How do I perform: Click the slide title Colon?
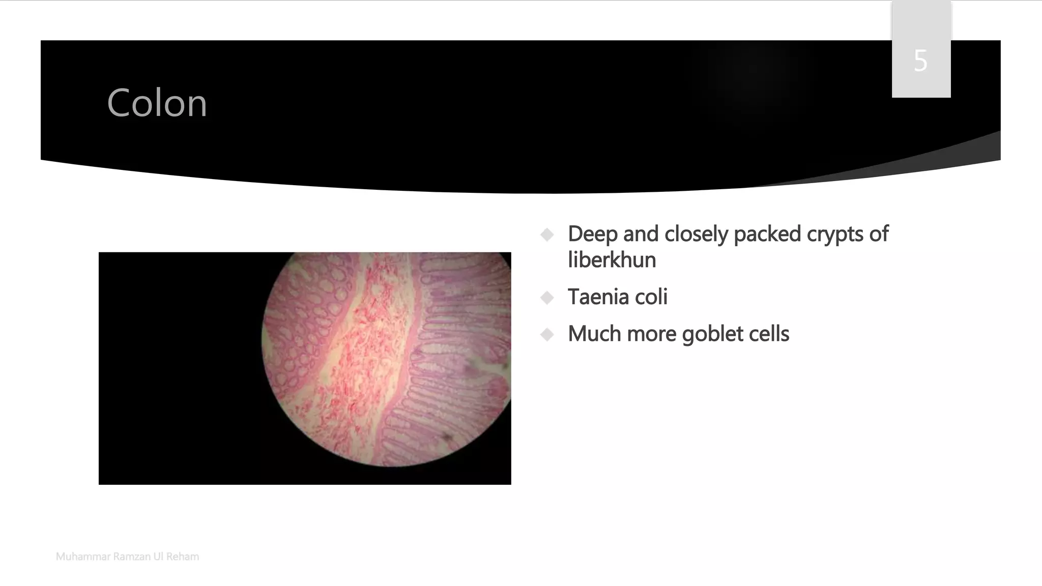tap(157, 103)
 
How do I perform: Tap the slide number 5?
tap(920, 61)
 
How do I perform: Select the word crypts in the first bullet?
tap(834, 234)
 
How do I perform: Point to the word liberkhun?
tap(612, 260)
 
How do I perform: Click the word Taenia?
tap(599, 297)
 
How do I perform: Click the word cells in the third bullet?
tap(771, 334)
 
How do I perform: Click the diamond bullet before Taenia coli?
tap(547, 298)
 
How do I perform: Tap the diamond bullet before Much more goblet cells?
tap(547, 335)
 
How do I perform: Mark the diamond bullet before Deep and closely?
tap(547, 235)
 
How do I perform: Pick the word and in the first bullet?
tap(641, 234)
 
